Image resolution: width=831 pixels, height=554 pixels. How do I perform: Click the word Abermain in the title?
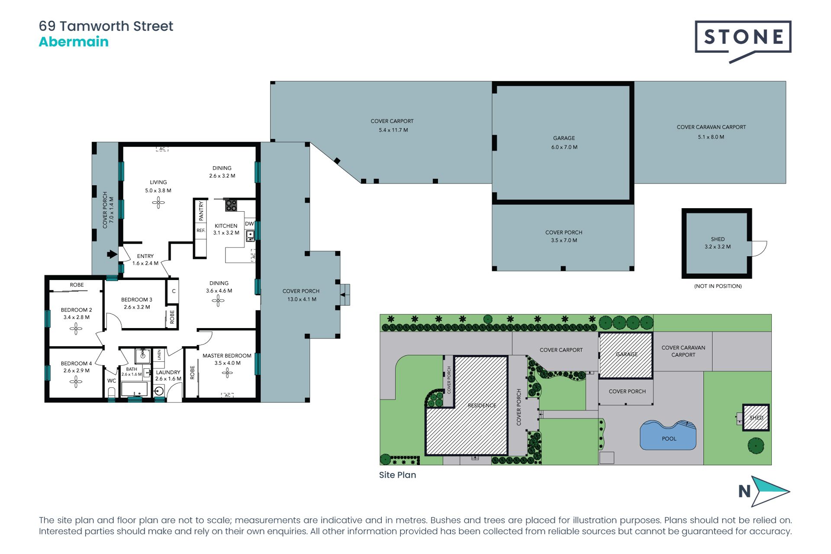(74, 42)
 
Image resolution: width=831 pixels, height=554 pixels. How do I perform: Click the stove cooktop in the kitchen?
(231, 205)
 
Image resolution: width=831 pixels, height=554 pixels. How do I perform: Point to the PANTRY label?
(201, 210)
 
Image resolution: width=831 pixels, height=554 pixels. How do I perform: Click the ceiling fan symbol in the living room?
(158, 202)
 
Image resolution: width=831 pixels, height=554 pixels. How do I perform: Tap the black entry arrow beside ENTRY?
(112, 254)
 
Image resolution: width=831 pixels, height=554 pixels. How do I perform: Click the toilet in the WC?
(112, 393)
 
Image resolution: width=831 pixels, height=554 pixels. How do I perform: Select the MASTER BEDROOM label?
(227, 355)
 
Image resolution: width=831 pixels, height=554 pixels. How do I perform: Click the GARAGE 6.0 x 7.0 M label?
(564, 142)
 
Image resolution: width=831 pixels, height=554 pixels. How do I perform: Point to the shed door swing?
(759, 248)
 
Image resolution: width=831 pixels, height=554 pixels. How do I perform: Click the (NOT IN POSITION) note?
(718, 286)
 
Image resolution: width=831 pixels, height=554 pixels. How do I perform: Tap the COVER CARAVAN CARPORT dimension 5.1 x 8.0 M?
(711, 137)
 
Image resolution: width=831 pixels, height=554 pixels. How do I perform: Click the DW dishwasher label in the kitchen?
(249, 224)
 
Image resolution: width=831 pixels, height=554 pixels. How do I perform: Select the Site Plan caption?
(397, 475)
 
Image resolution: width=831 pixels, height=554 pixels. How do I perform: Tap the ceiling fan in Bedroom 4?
(76, 381)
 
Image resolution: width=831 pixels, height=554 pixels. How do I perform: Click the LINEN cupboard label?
(159, 355)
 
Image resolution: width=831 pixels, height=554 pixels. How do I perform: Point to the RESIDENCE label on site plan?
(482, 406)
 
